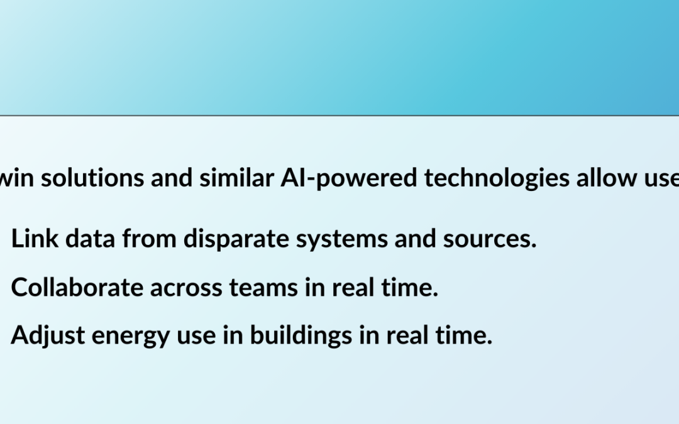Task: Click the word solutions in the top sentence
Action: (x=92, y=178)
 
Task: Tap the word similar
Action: (x=236, y=178)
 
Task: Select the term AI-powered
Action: (x=349, y=178)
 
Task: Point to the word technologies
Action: (x=497, y=178)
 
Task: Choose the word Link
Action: (x=35, y=239)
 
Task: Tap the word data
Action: (x=90, y=239)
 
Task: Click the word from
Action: (x=149, y=239)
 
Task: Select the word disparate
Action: (x=236, y=239)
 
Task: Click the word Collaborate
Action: (x=77, y=287)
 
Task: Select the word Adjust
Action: (x=48, y=335)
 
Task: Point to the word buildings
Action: (x=301, y=336)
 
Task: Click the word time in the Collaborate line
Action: (x=410, y=287)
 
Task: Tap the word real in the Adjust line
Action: (x=407, y=335)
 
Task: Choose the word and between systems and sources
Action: (x=416, y=239)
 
